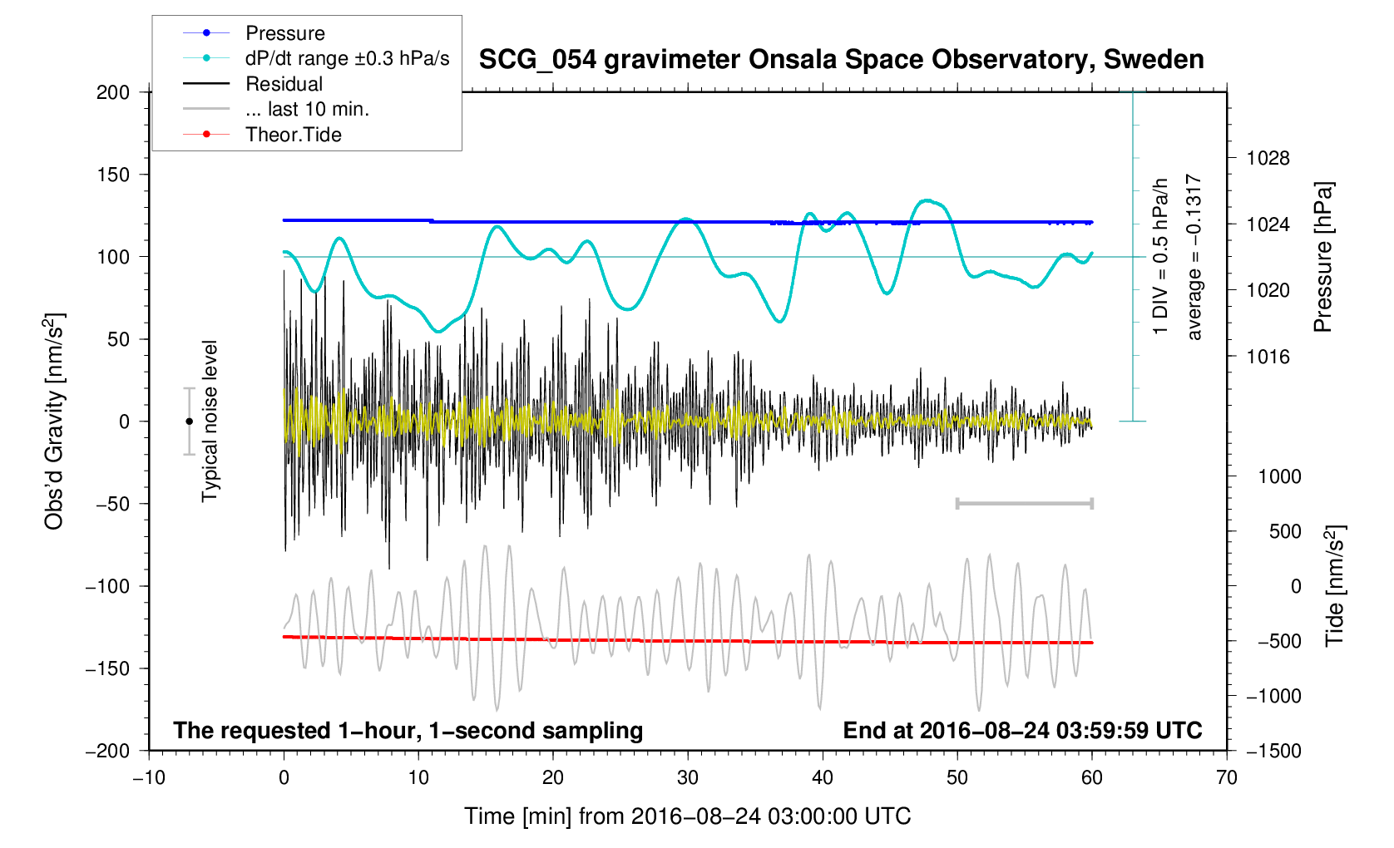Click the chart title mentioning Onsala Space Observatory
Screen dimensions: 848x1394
pos(841,60)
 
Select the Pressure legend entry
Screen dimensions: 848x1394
pos(284,33)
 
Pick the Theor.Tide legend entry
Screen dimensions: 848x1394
pos(293,135)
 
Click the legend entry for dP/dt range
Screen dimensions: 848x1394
pos(347,58)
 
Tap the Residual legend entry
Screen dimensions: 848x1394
pos(284,84)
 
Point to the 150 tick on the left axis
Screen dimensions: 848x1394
pos(113,175)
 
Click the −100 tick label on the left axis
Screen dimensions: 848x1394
pos(108,586)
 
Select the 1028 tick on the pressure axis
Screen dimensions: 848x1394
pos(1268,158)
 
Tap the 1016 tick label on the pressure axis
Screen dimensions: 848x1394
pos(1268,357)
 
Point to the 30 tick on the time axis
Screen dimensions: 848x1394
pos(688,778)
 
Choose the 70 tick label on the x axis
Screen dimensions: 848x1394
pos(1226,778)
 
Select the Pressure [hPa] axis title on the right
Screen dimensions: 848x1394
pos(1323,257)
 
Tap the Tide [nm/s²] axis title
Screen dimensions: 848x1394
pos(1335,586)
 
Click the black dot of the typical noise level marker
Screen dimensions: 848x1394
pos(189,422)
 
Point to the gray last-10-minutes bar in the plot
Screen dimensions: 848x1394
pos(1024,503)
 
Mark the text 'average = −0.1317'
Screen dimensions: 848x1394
pos(1194,257)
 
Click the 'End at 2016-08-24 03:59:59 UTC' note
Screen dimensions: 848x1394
pos(1022,731)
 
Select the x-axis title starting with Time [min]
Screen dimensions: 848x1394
pos(687,816)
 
